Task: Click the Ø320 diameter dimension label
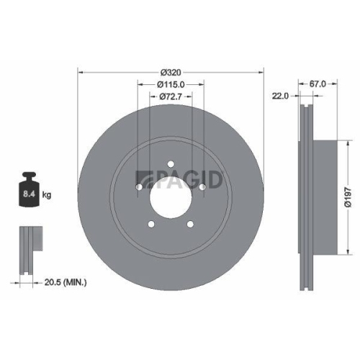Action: tap(171, 72)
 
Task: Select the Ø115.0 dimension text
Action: tap(171, 84)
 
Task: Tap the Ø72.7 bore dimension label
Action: tap(171, 96)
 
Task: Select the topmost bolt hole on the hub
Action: tap(171, 165)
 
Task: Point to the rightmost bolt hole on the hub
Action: tap(202, 187)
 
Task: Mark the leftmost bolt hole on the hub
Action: tap(140, 187)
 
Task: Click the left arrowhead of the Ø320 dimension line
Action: tap(80, 72)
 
